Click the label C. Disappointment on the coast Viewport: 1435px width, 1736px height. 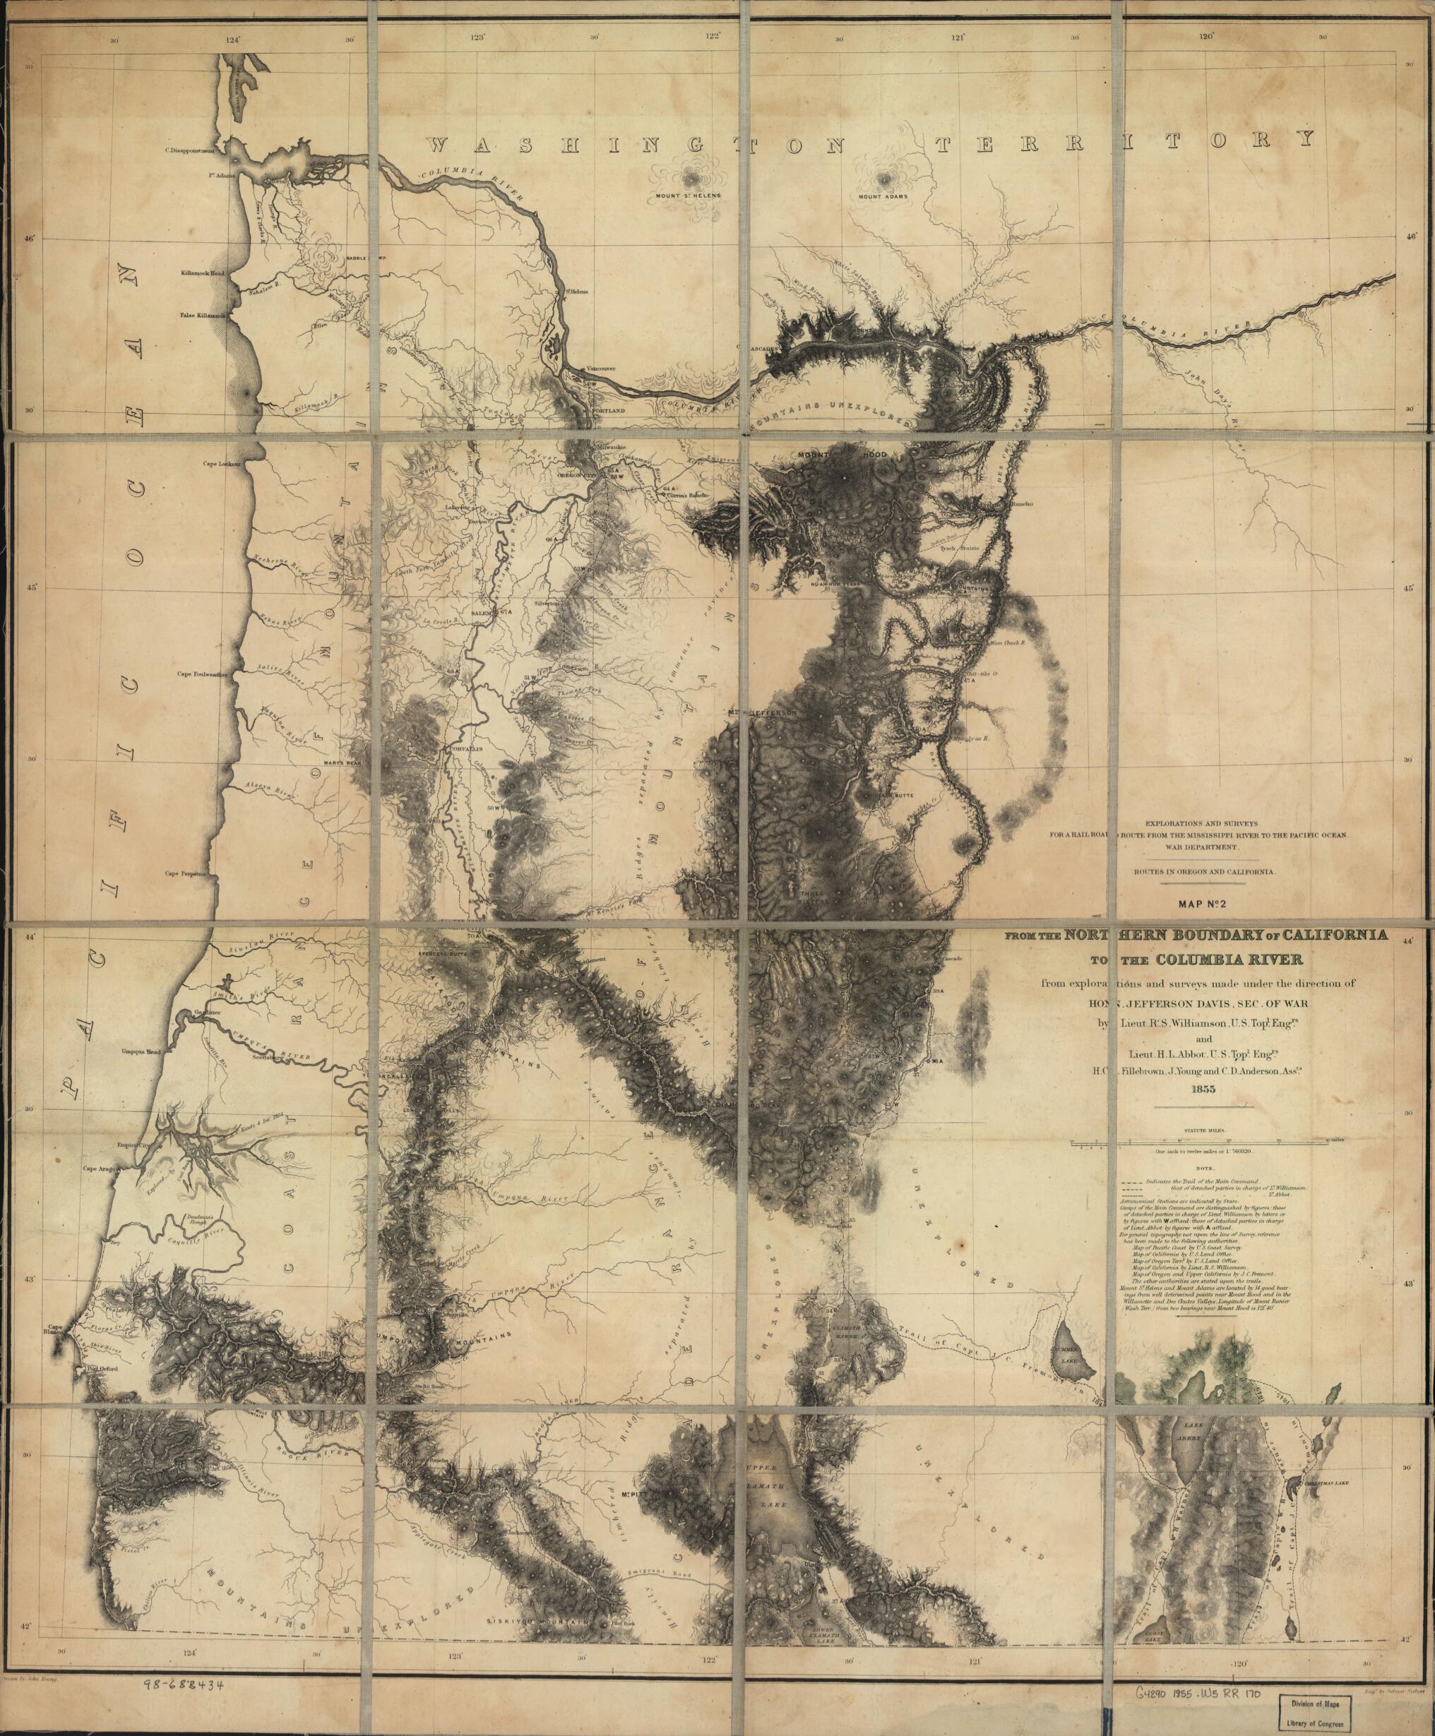(190, 150)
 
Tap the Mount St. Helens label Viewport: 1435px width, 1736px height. (689, 196)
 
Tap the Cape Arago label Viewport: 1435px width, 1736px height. (100, 1168)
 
